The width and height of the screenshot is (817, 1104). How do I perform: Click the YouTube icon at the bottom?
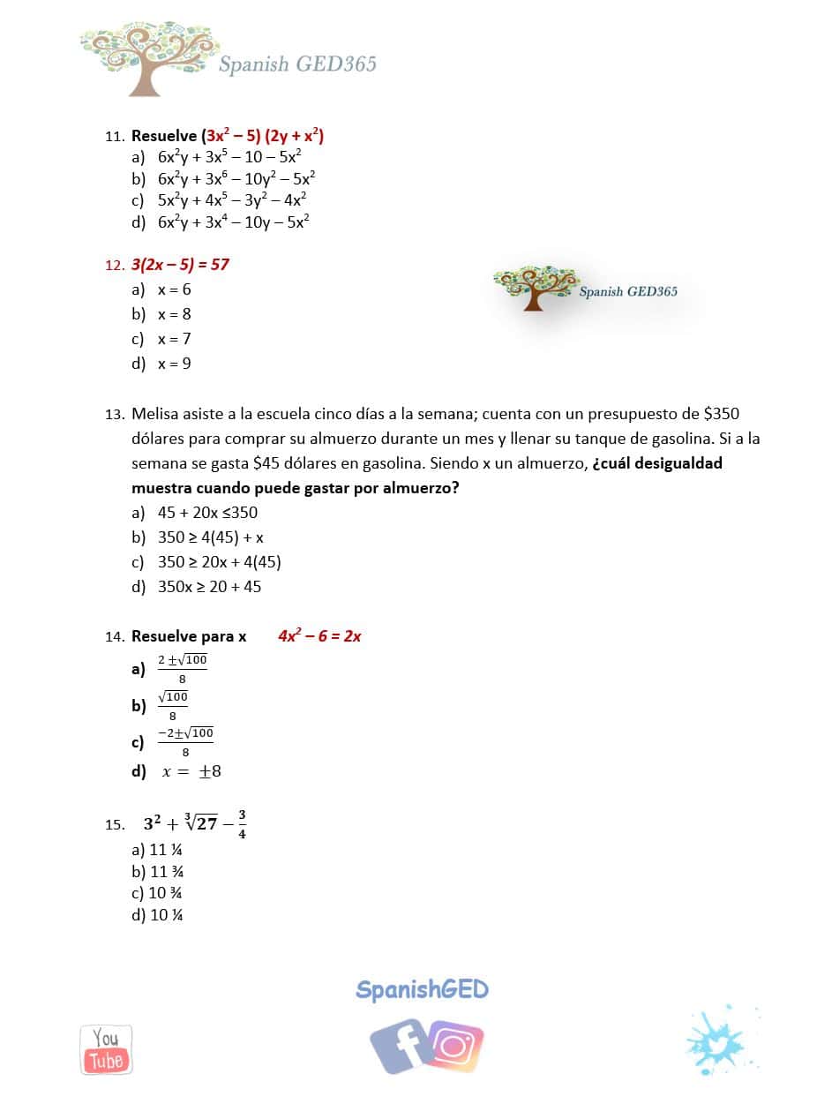[106, 1049]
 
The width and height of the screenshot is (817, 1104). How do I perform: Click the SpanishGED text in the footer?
[422, 989]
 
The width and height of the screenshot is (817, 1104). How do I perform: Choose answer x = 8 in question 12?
[174, 314]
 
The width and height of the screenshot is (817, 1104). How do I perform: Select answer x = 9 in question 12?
[174, 364]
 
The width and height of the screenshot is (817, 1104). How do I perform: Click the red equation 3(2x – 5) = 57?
[180, 264]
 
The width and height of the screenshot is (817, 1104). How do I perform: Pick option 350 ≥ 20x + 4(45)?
[219, 562]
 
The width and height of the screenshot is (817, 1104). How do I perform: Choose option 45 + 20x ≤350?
[207, 513]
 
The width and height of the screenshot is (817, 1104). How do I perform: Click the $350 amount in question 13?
[722, 413]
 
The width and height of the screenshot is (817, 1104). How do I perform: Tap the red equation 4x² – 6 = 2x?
[319, 635]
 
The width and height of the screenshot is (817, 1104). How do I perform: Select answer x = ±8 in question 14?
[191, 771]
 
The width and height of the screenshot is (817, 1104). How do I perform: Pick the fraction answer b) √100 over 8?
[173, 705]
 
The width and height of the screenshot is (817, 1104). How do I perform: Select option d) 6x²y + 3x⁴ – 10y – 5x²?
[233, 222]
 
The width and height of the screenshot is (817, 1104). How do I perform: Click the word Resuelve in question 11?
[164, 136]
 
